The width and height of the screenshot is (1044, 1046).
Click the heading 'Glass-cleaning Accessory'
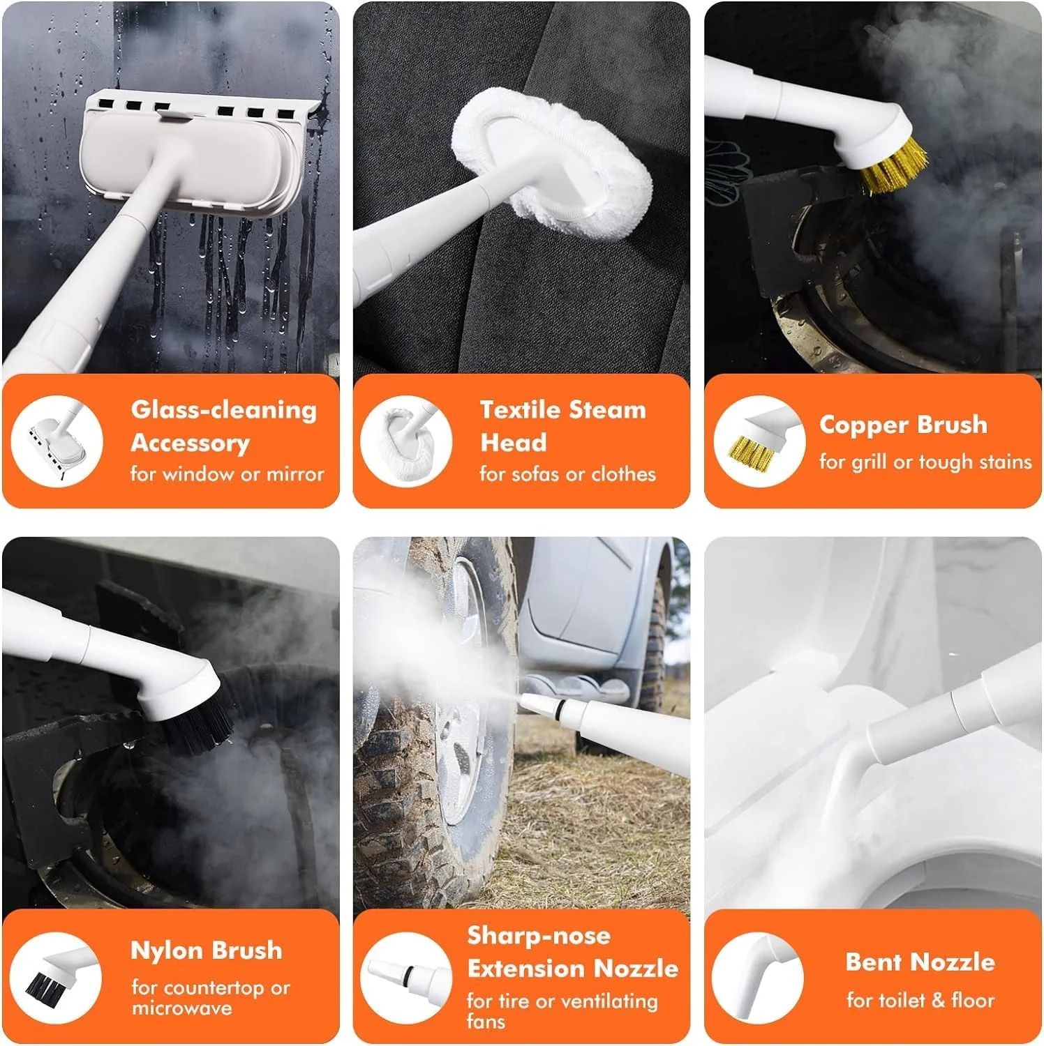[223, 426]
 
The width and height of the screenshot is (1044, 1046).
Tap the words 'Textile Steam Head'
[563, 426]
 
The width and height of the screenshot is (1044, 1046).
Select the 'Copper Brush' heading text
[903, 425]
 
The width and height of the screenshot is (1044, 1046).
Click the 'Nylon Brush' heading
[207, 950]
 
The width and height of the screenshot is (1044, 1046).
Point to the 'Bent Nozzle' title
[920, 962]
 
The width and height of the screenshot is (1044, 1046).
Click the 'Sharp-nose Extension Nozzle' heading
[572, 952]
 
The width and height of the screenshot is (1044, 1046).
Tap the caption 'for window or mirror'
[227, 474]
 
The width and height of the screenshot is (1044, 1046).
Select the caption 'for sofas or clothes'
[567, 474]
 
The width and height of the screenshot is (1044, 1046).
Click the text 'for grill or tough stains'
[925, 462]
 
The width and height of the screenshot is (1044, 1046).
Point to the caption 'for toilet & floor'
[920, 1001]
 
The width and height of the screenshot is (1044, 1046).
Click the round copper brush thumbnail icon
[760, 441]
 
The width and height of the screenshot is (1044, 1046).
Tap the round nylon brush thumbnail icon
[57, 978]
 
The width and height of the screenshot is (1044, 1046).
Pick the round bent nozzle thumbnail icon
[758, 978]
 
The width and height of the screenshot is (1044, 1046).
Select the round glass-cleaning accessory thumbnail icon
[57, 441]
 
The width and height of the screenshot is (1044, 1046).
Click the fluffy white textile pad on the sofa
[555, 164]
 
